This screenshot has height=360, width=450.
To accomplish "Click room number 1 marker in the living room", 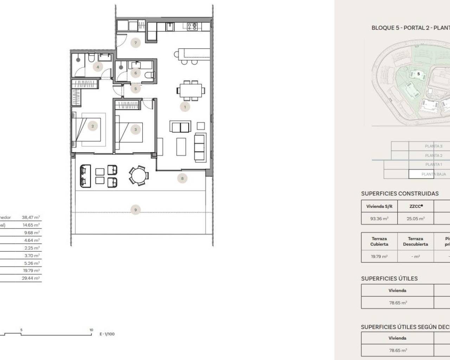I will tap(185, 107).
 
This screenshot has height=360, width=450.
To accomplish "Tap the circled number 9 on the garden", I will tap(136, 210).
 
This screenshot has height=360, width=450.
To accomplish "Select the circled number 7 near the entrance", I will tap(135, 43).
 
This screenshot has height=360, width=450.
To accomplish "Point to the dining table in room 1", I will tap(191, 90).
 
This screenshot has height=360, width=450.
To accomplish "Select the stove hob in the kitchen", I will tap(192, 26).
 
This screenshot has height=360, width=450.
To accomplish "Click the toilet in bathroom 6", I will tap(150, 75).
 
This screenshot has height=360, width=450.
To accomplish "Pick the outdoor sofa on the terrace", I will tap(85, 176).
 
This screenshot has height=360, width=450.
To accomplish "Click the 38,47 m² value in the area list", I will tap(31, 218).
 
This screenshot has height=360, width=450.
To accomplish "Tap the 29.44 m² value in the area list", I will tap(31, 278).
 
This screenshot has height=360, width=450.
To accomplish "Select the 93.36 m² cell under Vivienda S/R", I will tap(379, 219).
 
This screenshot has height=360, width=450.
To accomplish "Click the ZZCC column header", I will tap(416, 206).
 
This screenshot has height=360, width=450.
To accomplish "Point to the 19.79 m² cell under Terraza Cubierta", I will tap(379, 257).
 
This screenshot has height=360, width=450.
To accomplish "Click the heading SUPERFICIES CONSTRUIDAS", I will tap(400, 194).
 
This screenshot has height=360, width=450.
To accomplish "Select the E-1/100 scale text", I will tap(107, 334).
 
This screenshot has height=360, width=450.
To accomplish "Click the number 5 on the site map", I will tap(418, 74).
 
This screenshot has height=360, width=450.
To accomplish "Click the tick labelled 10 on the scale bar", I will tap(91, 330).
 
